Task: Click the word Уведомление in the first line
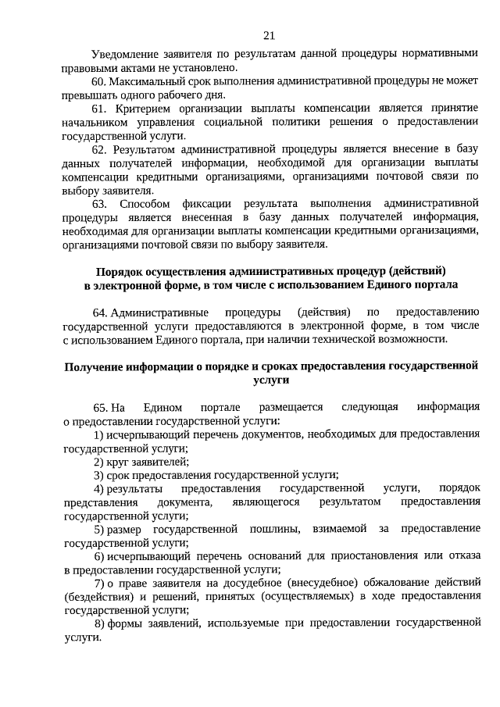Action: pyautogui.click(x=128, y=54)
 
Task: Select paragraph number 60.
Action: pyautogui.click(x=99, y=81)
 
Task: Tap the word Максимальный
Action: pyautogui.click(x=146, y=81)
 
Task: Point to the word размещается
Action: pyautogui.click(x=290, y=407)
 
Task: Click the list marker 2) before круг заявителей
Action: pyautogui.click(x=98, y=461)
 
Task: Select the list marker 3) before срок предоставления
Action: pyautogui.click(x=98, y=474)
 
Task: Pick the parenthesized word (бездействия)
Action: pyautogui.click(x=95, y=596)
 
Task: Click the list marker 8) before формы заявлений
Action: pyautogui.click(x=99, y=623)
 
